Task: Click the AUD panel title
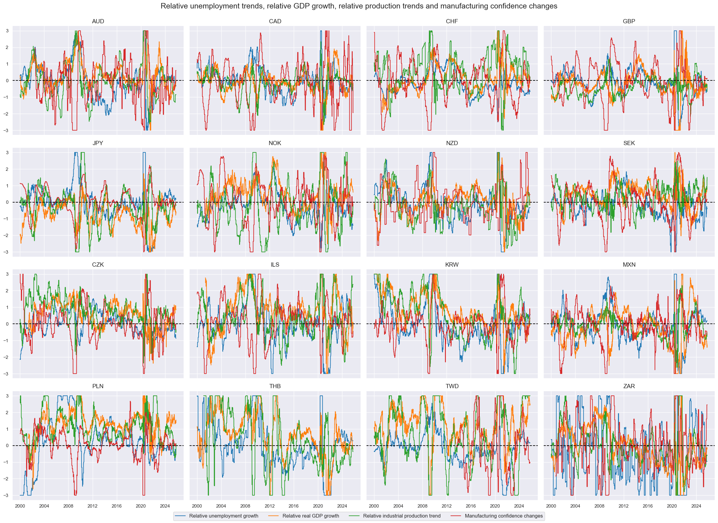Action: coord(98,21)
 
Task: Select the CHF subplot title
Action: coord(452,21)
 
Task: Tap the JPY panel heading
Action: coord(98,143)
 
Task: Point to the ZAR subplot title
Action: coord(629,386)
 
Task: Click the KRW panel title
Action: coord(452,265)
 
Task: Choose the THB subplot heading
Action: coord(275,386)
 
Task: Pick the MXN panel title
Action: coord(629,265)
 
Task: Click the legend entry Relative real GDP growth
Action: coord(311,516)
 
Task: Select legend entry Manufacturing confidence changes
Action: coord(504,516)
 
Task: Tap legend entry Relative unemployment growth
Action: coord(223,516)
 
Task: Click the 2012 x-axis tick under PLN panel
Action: coord(92,506)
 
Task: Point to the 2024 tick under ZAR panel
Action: coord(696,506)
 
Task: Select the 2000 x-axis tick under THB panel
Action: coord(197,506)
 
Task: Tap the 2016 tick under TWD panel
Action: coord(470,506)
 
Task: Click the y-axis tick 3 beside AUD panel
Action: coord(7,31)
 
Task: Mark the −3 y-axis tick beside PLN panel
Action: coord(6,495)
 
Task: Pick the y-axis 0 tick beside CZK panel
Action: coord(7,324)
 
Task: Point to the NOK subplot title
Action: coord(275,143)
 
